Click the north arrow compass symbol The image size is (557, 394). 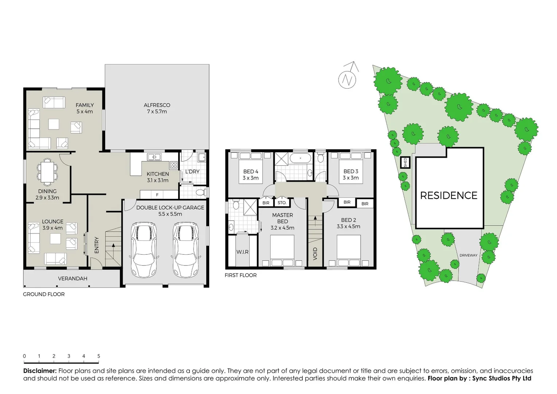347,78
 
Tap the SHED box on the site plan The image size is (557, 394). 405,162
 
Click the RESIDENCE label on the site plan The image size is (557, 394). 448,196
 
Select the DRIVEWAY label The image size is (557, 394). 468,255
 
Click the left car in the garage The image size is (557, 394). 144,250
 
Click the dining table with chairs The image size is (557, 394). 47,172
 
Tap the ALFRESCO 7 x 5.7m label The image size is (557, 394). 157,108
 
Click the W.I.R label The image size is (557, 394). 242,252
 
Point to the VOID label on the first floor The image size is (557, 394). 315,254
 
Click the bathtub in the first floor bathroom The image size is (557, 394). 300,158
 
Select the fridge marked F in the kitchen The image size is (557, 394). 157,195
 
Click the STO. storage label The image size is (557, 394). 282,203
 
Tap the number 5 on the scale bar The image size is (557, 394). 98,356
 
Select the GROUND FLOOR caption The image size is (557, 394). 44,294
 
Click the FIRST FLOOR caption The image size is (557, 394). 241,275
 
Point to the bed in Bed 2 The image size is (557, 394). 349,251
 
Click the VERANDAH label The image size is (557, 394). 73,279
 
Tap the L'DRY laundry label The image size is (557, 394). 192,171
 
